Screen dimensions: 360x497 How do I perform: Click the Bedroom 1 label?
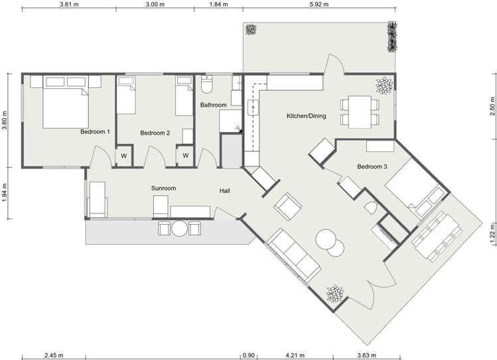(x=95, y=132)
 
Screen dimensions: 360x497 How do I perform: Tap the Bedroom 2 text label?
(x=155, y=133)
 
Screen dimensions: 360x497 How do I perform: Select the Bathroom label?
(x=214, y=105)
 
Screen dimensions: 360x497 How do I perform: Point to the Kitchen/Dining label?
(x=306, y=117)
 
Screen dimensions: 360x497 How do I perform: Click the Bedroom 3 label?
(x=372, y=166)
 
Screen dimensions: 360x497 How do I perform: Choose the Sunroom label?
(x=163, y=188)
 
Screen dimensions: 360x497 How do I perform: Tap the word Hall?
(x=225, y=191)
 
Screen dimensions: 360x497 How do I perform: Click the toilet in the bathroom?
(x=206, y=85)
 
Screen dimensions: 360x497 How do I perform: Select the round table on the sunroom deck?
(x=179, y=228)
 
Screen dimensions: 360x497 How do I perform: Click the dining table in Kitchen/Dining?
(x=360, y=111)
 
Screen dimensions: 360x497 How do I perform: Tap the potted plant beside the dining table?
(x=384, y=86)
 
